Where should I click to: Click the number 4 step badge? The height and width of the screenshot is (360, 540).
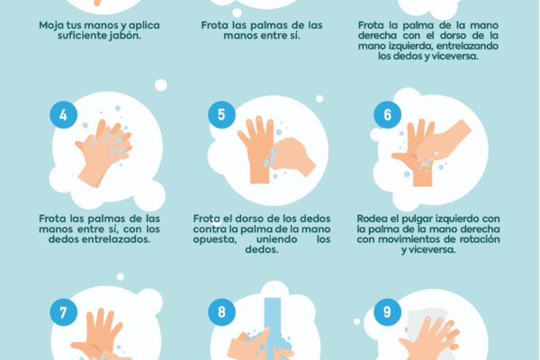pyautogui.click(x=62, y=115)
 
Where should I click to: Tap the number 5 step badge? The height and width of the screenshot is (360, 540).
pyautogui.click(x=220, y=115)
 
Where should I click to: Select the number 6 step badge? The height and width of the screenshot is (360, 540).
pyautogui.click(x=387, y=115)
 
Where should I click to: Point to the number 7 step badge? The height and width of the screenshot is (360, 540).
pyautogui.click(x=62, y=314)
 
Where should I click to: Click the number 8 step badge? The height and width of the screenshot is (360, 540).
pyautogui.click(x=220, y=314)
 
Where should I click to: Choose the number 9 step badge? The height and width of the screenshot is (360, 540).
pyautogui.click(x=387, y=314)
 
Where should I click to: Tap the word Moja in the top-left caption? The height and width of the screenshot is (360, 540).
pyautogui.click(x=53, y=26)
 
